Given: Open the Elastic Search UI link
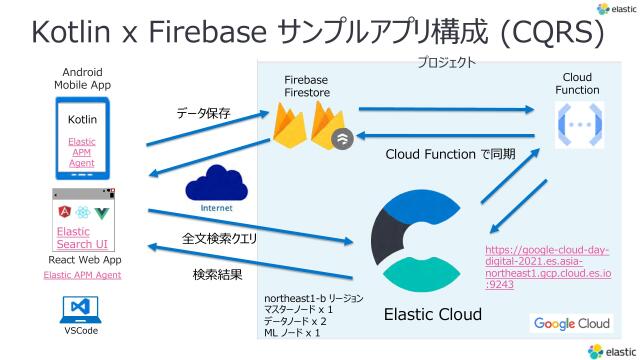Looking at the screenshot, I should (x=75, y=237).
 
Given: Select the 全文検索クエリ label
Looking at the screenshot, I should (x=219, y=240).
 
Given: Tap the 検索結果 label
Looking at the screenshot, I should (x=219, y=272).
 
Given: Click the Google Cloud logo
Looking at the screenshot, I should (x=571, y=323).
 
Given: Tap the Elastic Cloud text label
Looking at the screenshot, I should (x=433, y=314).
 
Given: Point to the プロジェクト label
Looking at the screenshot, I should (x=446, y=62).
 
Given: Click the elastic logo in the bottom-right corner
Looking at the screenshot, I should (x=611, y=350).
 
